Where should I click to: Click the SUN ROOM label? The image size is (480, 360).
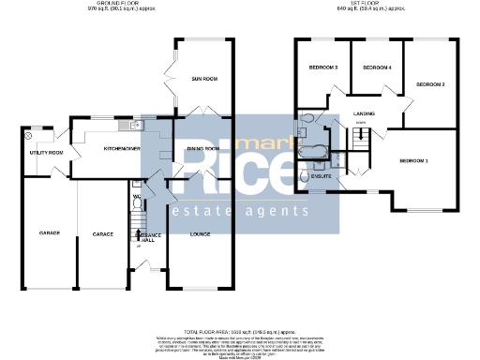coord(204,79)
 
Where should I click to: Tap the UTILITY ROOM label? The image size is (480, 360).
coord(44,153)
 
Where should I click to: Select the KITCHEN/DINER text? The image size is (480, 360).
coord(122,148)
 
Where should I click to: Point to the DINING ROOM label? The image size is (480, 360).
coord(203,148)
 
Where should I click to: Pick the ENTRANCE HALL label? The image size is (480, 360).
coord(150,237)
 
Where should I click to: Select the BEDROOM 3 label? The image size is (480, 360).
coord(323,67)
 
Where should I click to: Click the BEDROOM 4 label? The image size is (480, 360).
coord(377,67)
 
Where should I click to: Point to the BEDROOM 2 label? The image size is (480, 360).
coord(429,84)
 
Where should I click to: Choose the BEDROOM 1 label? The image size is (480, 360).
coord(413,161)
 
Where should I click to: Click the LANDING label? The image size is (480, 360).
coord(364,115)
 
